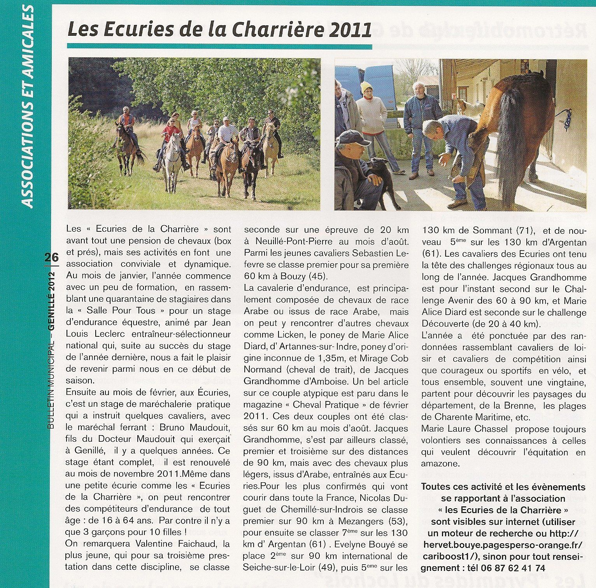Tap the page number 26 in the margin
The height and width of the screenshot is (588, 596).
coord(51,257)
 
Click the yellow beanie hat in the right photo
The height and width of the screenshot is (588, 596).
coord(366,86)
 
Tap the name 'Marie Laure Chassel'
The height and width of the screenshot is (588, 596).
coord(464,429)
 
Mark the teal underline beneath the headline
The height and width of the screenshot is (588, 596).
coord(219,46)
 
